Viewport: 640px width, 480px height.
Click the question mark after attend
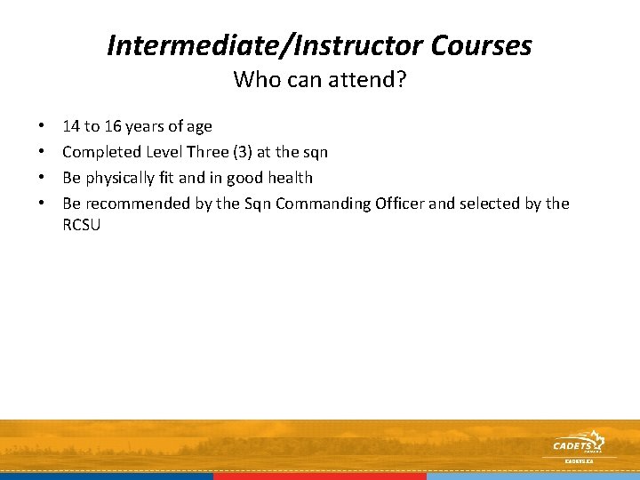[402, 80]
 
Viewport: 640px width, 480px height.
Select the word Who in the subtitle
[252, 80]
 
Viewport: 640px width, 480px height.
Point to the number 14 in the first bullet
[71, 126]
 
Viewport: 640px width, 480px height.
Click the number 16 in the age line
[114, 126]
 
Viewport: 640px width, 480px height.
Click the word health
[287, 178]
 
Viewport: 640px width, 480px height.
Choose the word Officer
[399, 204]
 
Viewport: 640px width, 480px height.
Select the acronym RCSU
[82, 225]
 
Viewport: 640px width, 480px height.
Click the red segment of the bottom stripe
[320, 476]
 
